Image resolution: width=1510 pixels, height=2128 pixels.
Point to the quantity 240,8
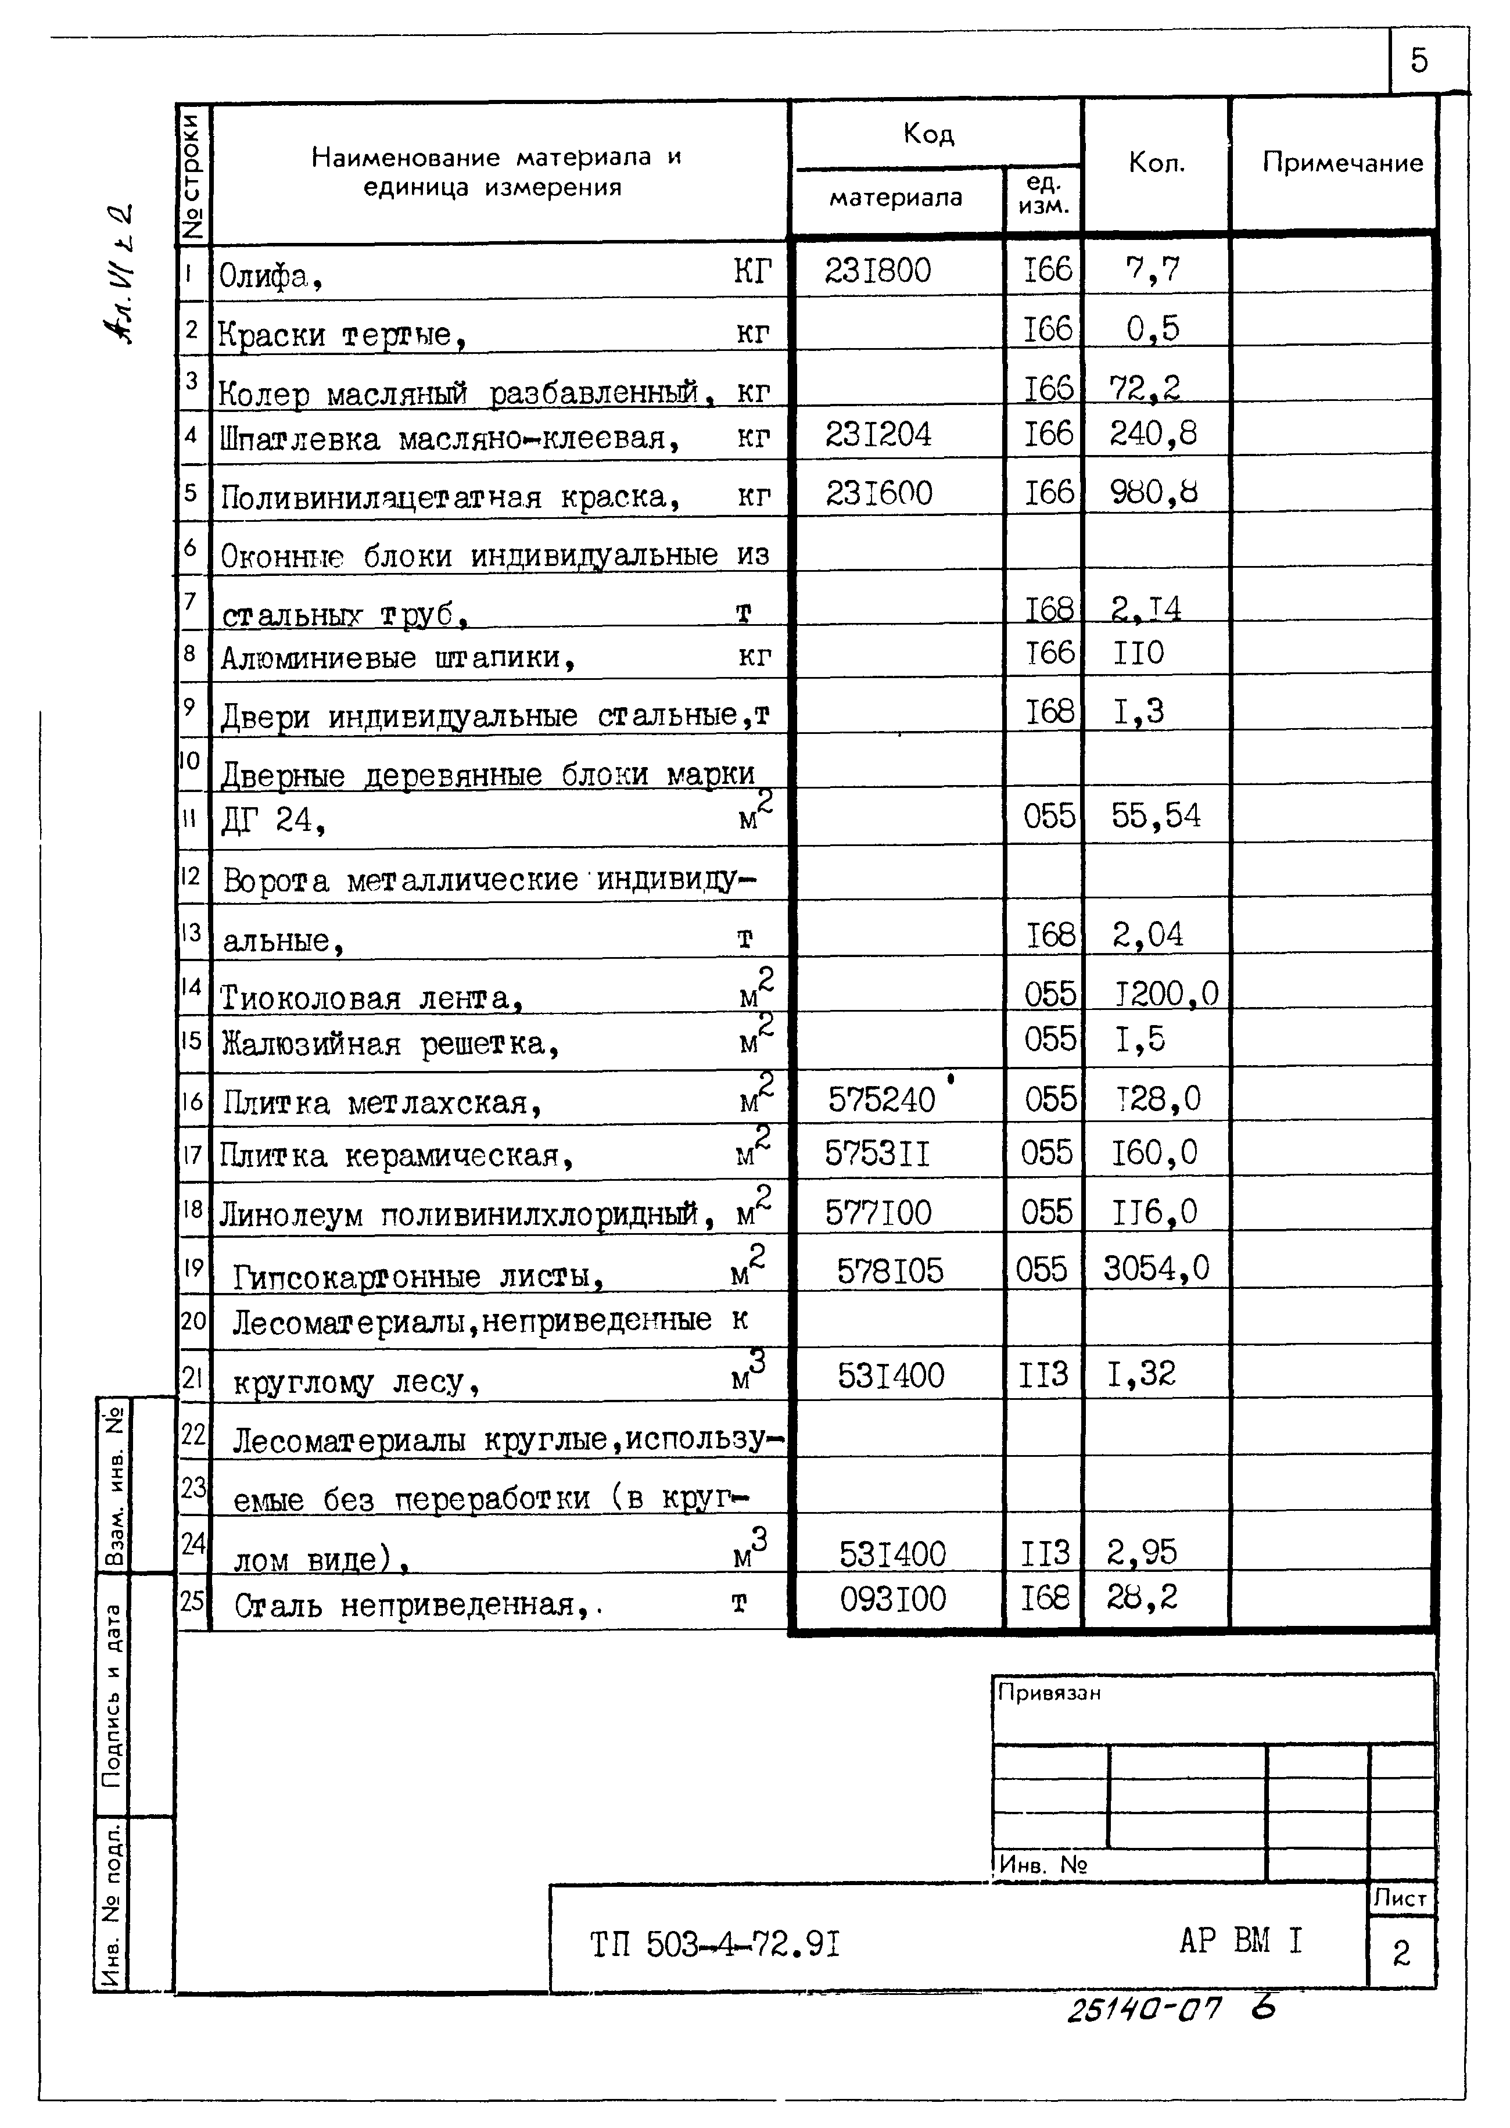coord(1153,434)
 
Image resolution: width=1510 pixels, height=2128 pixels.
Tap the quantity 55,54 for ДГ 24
coord(1155,816)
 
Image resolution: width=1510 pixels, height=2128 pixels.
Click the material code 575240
coord(881,1100)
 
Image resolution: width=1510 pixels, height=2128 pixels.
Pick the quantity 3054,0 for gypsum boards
coord(1156,1268)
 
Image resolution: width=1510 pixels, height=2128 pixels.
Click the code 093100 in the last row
coord(892,1599)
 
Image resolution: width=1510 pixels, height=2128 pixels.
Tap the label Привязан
coord(1048,1693)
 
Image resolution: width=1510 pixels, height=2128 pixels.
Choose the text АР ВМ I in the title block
coord(1240,1940)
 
